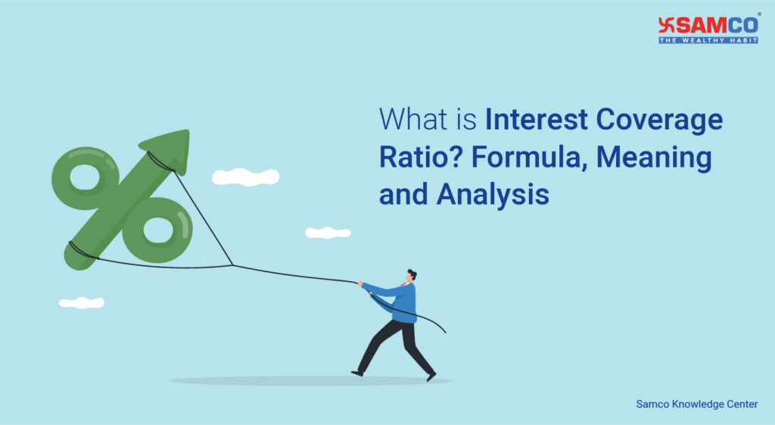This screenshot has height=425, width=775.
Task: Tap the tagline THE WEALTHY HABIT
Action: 708,40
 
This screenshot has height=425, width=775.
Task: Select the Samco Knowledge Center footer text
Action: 696,405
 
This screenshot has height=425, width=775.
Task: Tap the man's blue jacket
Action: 401,302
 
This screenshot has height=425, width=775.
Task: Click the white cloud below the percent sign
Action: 81,302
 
